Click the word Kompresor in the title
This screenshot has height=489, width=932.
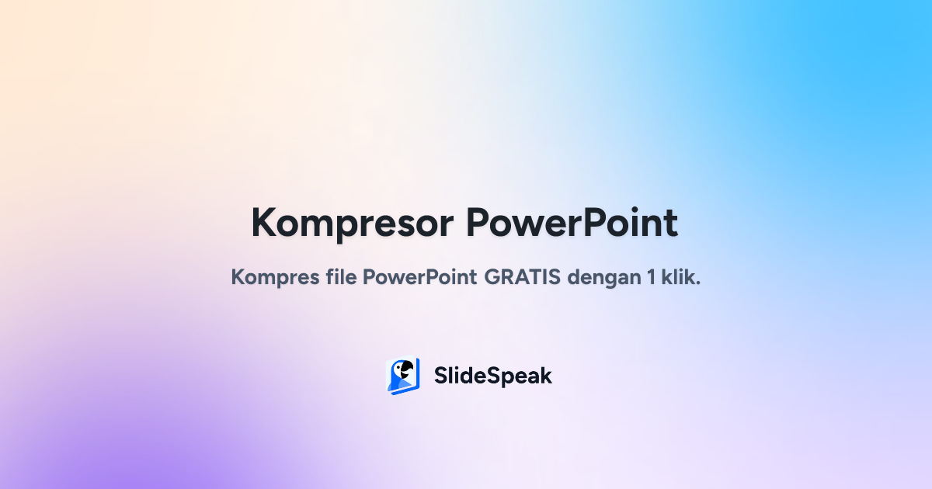coord(351,224)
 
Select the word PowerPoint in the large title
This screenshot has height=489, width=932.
coord(572,224)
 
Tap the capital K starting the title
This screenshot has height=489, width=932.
coord(265,224)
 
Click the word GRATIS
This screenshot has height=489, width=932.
coord(523,277)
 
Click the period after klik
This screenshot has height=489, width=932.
coord(698,283)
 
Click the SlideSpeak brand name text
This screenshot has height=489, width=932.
coord(493,376)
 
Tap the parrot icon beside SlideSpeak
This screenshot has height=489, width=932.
coord(403,376)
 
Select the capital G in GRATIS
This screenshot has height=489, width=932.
coord(492,277)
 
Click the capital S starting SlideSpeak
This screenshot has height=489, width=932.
coord(440,376)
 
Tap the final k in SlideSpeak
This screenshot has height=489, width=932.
coord(546,376)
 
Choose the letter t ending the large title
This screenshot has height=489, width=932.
coord(671,224)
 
